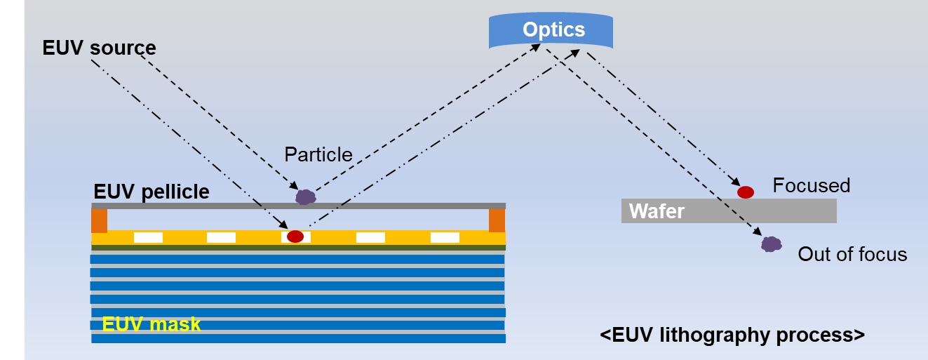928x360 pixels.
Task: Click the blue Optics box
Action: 551,30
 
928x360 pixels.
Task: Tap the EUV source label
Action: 99,48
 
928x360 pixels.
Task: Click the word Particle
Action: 318,154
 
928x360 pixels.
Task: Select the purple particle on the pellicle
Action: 306,196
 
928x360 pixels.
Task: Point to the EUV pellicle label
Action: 152,192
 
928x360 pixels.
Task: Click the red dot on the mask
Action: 295,236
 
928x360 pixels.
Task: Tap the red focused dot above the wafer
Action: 746,192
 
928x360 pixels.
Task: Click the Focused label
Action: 811,185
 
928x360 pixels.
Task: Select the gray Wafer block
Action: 729,211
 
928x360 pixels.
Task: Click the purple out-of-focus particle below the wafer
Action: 772,244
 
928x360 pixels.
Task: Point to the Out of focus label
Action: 852,254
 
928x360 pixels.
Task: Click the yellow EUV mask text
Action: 152,324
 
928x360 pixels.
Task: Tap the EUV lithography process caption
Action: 732,335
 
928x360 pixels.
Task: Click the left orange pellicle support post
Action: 100,220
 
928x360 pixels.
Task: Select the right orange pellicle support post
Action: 497,220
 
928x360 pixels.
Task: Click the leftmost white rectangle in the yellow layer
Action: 148,237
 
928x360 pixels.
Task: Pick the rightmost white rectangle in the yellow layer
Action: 445,237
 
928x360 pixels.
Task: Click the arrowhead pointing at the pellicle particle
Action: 294,185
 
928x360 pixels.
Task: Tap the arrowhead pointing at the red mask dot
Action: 283,225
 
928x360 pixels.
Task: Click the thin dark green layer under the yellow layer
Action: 298,248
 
